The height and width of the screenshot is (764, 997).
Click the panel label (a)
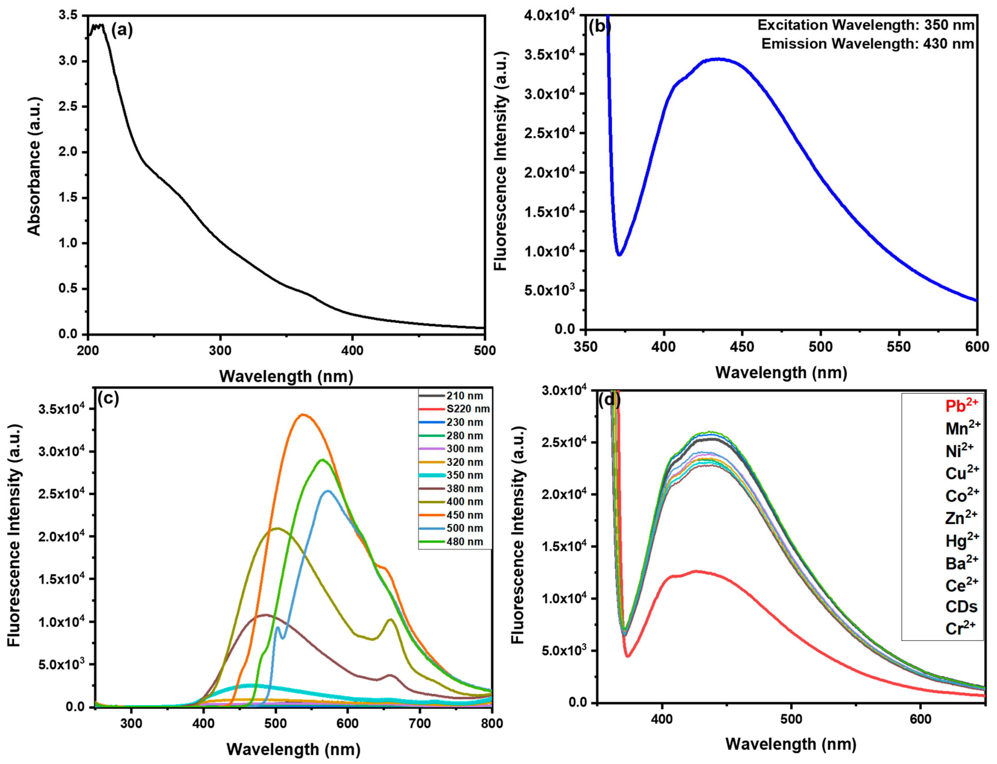[122, 31]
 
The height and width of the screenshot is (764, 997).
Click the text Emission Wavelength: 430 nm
[868, 44]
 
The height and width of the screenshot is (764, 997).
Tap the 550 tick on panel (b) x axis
[899, 347]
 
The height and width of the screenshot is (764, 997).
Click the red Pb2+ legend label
[962, 405]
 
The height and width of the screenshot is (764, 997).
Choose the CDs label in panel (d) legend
[961, 607]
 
